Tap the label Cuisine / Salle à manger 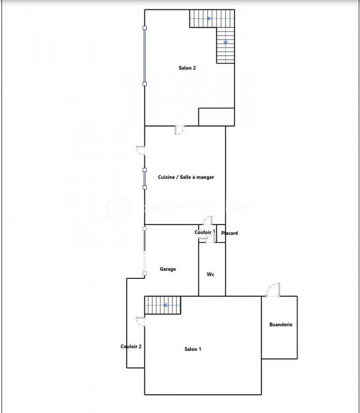[x=186, y=177]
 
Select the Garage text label [x=167, y=269]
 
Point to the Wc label [x=210, y=275]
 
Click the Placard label [x=229, y=233]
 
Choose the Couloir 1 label [x=205, y=232]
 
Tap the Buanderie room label [x=281, y=325]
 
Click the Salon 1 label [x=193, y=350]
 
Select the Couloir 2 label [x=131, y=346]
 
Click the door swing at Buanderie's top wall [x=272, y=290]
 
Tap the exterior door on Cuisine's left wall [x=140, y=150]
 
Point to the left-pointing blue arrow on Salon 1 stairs [x=165, y=305]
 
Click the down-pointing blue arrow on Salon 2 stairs [x=226, y=42]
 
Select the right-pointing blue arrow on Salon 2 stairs [x=209, y=19]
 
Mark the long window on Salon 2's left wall [x=145, y=55]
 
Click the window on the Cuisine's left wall [x=145, y=178]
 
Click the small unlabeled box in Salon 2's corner [x=216, y=117]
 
